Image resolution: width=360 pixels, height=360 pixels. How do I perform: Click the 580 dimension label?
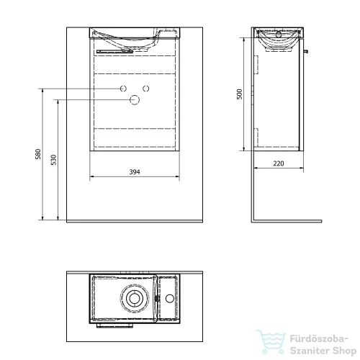pyautogui.click(x=38, y=154)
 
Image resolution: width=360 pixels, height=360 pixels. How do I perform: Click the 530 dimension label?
pyautogui.click(x=54, y=160)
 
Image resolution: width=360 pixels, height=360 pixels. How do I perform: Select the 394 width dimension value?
pyautogui.click(x=135, y=172)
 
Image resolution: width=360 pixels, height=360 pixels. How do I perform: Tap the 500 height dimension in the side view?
pyautogui.click(x=240, y=94)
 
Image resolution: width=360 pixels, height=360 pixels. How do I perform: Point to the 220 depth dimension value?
pyautogui.click(x=279, y=163)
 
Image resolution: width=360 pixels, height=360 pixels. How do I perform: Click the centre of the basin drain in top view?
pyautogui.click(x=133, y=298)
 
